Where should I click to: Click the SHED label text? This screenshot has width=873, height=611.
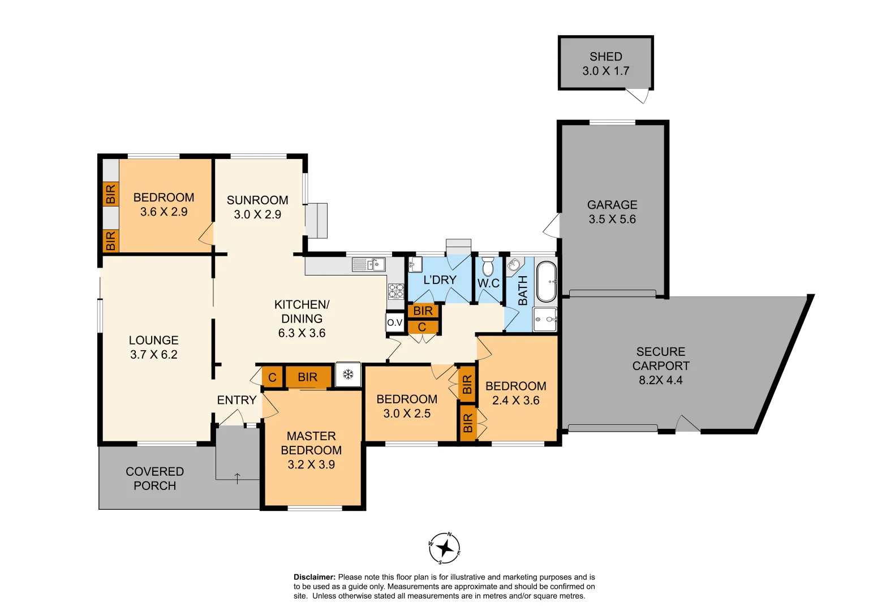(x=605, y=57)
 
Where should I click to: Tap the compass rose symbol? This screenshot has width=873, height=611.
(x=445, y=548)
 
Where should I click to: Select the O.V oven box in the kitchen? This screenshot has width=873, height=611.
(x=395, y=322)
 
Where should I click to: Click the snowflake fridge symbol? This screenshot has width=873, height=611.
(x=348, y=375)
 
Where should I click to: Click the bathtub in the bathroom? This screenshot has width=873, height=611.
(x=546, y=281)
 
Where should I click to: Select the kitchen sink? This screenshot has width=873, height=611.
(x=368, y=264)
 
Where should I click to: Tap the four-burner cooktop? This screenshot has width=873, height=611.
(x=396, y=291)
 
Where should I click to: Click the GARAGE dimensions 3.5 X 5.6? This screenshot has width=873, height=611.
(x=612, y=220)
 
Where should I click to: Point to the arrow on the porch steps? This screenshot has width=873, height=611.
(x=237, y=478)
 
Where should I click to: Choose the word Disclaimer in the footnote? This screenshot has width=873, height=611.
(x=314, y=577)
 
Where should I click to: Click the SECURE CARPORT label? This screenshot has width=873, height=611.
(x=660, y=359)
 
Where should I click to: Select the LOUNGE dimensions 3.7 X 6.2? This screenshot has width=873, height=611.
(x=153, y=355)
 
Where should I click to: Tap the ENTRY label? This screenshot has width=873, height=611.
(x=236, y=400)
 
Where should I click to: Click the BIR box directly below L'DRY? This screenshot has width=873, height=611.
(x=423, y=311)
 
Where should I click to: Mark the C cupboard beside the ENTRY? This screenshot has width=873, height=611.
(x=272, y=377)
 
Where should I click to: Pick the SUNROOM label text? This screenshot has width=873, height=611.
(x=257, y=200)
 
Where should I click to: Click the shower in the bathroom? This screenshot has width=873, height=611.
(x=545, y=320)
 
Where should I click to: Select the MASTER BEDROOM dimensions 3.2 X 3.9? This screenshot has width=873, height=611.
(x=311, y=464)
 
